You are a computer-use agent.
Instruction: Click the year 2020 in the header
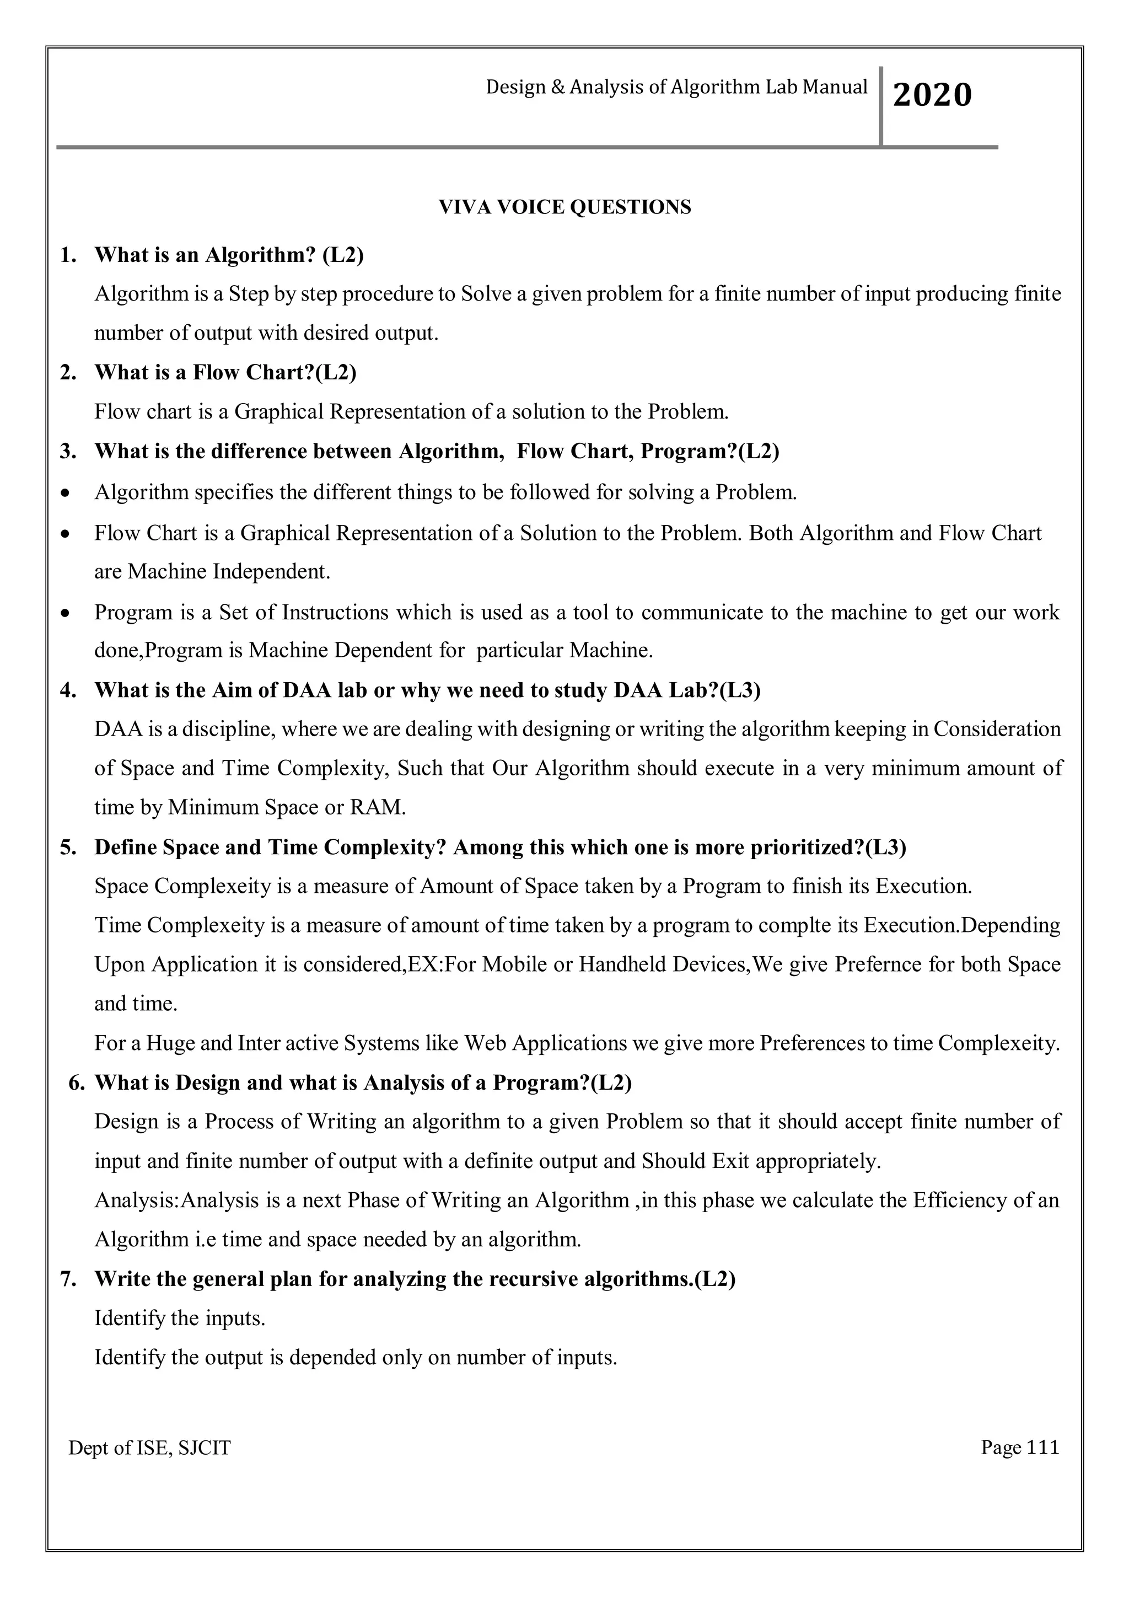coord(932,95)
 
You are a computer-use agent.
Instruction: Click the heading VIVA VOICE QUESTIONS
coord(564,207)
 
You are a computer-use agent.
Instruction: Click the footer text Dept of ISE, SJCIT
coord(149,1448)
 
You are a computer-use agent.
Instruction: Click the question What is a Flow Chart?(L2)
coord(225,373)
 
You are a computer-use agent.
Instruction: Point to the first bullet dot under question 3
coord(66,493)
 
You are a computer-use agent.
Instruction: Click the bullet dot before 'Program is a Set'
coord(66,613)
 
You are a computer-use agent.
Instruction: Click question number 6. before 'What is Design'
coord(77,1083)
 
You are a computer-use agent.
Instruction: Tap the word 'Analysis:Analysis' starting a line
coord(176,1201)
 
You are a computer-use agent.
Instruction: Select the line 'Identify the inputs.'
coord(180,1318)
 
